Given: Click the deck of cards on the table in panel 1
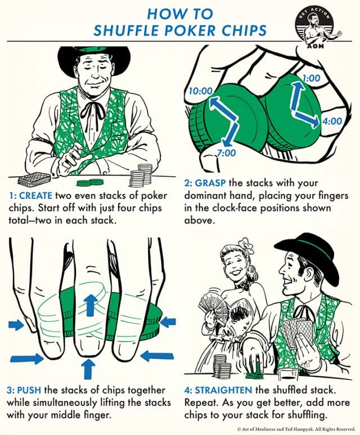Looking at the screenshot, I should coord(34,180).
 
